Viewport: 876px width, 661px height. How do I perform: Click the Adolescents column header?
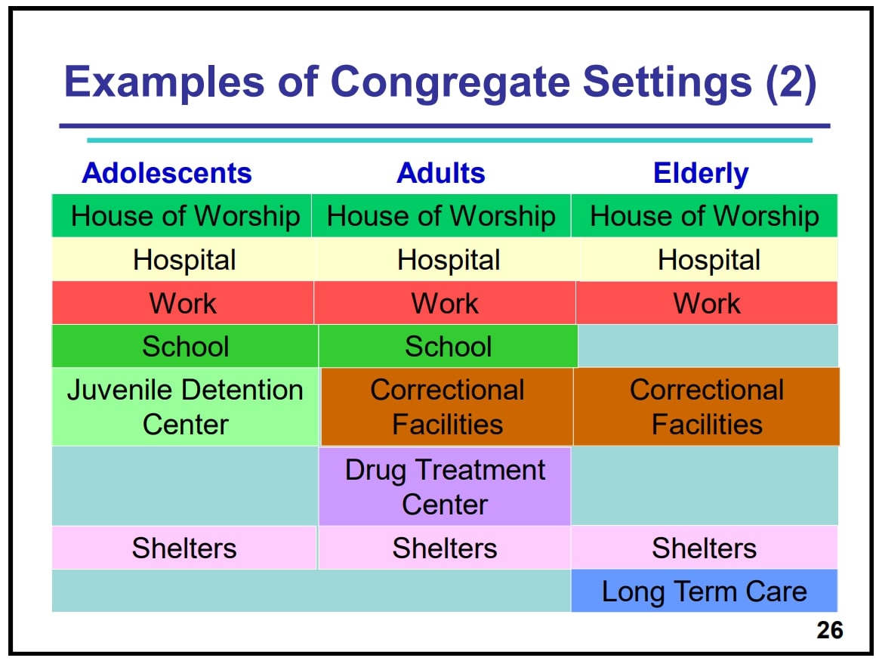166,173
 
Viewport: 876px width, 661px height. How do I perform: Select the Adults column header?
441,173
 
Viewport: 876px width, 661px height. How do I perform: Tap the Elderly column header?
701,173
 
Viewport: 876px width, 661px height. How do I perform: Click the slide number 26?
830,630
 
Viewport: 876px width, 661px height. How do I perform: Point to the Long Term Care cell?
704,591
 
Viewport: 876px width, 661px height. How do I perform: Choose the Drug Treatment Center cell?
445,486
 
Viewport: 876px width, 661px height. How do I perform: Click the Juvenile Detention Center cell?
185,406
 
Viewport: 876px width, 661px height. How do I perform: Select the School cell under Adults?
448,346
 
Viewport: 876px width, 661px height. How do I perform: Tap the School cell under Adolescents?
185,346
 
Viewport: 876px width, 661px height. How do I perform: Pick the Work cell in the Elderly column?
707,303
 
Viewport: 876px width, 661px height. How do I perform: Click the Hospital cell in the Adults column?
448,259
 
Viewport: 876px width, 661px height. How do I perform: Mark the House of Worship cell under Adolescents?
182,216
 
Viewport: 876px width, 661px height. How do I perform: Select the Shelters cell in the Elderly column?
704,548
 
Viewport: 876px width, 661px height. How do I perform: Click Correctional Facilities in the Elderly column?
706,406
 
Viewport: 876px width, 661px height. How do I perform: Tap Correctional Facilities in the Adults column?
447,406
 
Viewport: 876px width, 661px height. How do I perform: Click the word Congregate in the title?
451,83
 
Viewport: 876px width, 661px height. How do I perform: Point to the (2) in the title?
791,83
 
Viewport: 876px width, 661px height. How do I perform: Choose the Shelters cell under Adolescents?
184,548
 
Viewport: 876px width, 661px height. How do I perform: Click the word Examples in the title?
165,83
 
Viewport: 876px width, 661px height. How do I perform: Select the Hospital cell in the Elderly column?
708,259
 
